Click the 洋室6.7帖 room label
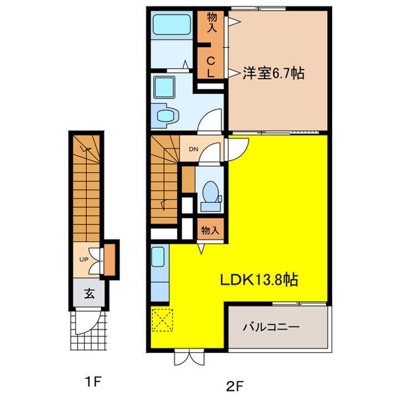[x=273, y=73]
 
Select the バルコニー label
[x=271, y=327]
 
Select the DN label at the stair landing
[x=193, y=149]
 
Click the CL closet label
[x=212, y=66]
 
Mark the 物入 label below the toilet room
[x=211, y=229]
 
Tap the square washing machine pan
[x=164, y=88]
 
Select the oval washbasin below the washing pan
[x=166, y=115]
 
